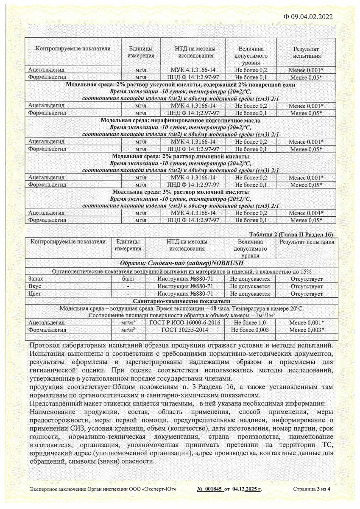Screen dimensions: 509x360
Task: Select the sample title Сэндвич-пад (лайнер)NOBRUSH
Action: (x=181, y=263)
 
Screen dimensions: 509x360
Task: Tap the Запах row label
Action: (x=36, y=279)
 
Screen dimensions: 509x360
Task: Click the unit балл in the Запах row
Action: (x=128, y=279)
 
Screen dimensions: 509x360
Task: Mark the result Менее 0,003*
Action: (x=307, y=330)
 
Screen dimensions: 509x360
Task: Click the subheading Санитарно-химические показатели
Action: (x=181, y=301)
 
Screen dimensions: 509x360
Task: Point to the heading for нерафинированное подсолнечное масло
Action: (x=181, y=120)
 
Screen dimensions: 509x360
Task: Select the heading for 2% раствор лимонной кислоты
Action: (x=181, y=157)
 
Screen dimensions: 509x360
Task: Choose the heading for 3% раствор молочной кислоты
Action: (x=181, y=192)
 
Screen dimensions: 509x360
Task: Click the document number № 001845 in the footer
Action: (x=210, y=489)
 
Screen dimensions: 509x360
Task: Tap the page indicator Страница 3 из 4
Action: (x=311, y=489)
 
